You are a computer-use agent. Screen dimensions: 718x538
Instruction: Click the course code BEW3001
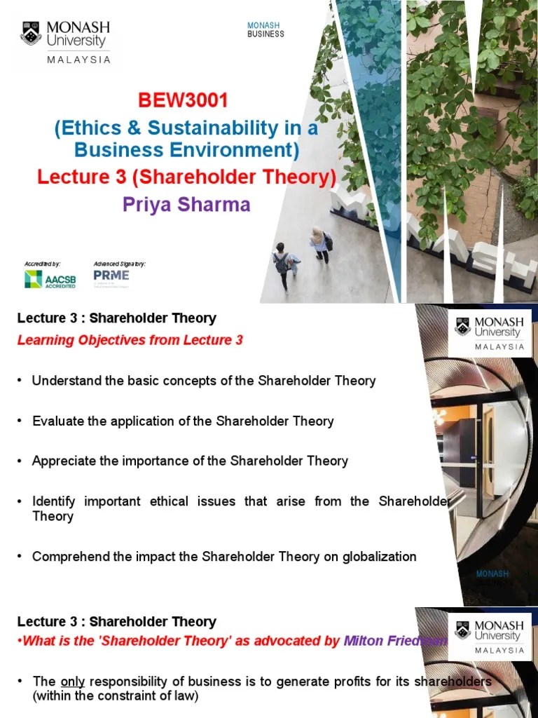(183, 100)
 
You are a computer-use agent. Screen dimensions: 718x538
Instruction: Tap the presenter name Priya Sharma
(186, 205)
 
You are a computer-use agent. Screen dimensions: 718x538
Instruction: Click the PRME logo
(111, 276)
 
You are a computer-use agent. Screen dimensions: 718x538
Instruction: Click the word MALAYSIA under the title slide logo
(78, 60)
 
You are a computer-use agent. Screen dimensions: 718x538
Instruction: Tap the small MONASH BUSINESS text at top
(265, 30)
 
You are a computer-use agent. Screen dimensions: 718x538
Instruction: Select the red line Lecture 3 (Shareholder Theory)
(186, 177)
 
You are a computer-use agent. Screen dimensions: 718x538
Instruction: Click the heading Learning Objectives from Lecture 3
(130, 340)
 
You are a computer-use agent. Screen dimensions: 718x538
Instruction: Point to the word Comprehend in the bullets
(70, 557)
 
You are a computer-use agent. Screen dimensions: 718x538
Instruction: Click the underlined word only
(72, 682)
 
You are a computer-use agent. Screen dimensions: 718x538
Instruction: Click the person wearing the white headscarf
(319, 243)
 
